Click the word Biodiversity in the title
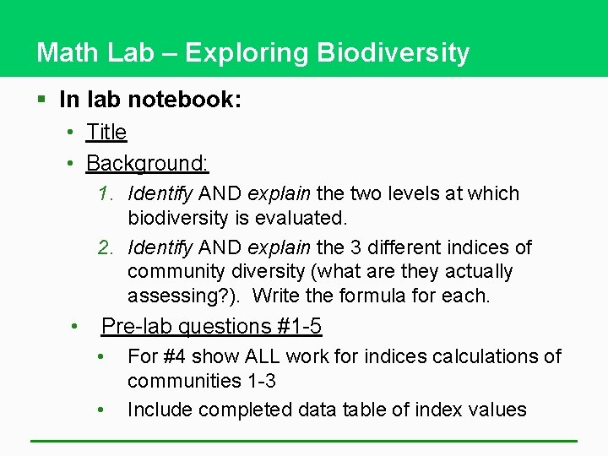point(393,53)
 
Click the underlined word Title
point(106,133)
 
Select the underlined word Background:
point(148,162)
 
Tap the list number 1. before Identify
point(106,193)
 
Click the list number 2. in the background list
point(106,247)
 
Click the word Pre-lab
point(133,326)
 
